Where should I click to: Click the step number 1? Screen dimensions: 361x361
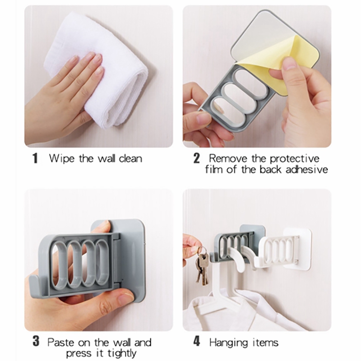[35, 159]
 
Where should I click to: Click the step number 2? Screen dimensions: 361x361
[196, 159]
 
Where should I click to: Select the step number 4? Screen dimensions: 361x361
[196, 342]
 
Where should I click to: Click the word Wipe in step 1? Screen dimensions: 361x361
[60, 159]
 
